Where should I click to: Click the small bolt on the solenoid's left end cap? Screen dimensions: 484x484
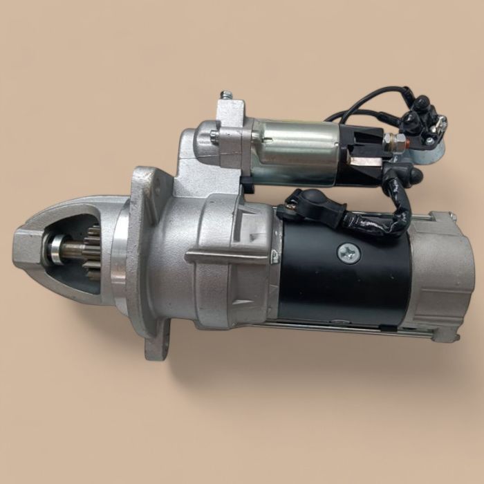(x=214, y=136)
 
